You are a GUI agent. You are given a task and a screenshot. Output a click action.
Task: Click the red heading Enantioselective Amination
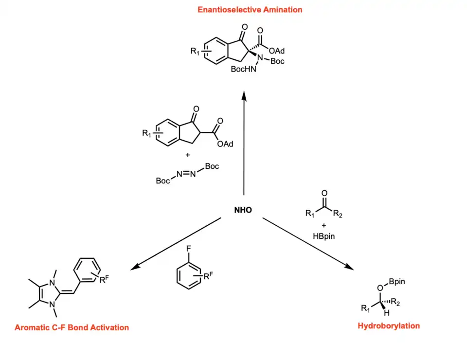[250, 10]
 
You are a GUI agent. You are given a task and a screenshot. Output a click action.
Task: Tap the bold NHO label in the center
[243, 211]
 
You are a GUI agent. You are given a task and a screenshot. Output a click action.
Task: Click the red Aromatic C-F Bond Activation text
[72, 327]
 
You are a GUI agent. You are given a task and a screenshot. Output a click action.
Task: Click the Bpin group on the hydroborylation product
[397, 281]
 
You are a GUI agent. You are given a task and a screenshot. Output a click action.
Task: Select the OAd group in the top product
[276, 51]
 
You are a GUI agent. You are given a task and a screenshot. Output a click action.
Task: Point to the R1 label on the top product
[196, 51]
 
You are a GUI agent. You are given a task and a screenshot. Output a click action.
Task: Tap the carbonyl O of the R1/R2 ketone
[324, 194]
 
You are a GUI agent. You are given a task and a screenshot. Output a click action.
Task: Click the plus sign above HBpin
[324, 225]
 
